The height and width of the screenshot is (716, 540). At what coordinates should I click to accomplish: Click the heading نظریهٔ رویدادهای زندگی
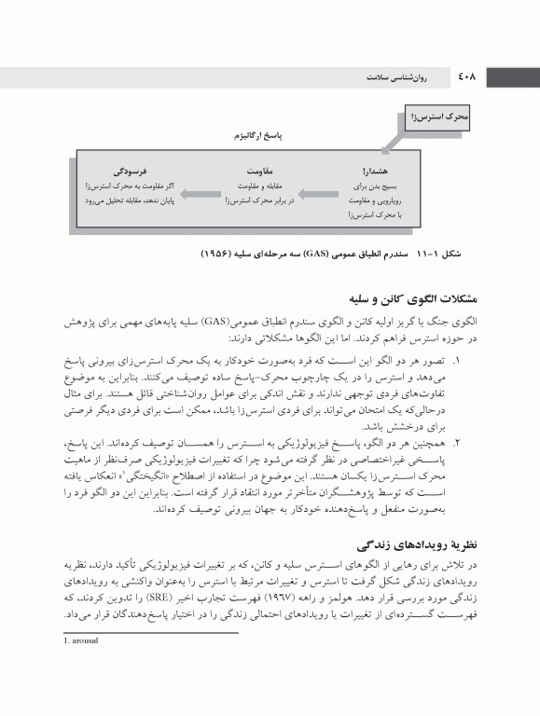click(x=439, y=544)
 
